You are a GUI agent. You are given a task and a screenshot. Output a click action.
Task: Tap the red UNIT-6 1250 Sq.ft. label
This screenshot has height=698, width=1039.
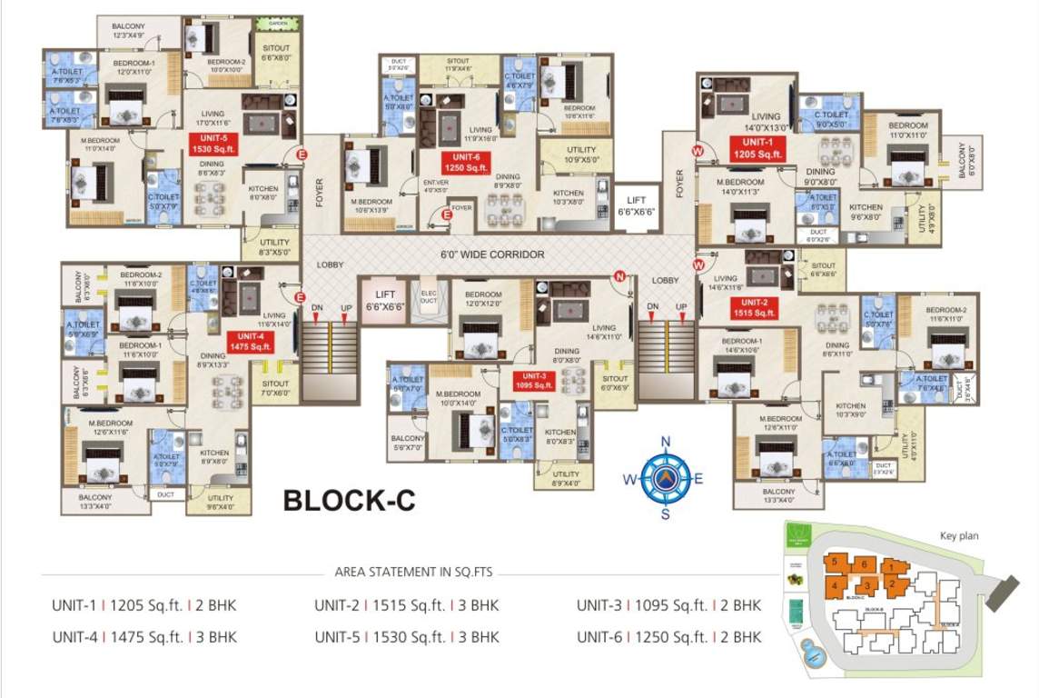[466, 163]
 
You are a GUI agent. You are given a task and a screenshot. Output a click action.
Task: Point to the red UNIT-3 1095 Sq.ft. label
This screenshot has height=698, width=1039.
[534, 380]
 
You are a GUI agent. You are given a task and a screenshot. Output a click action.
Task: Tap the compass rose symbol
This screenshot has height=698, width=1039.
[665, 478]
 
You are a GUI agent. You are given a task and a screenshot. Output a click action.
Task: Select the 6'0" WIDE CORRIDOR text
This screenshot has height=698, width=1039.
[492, 254]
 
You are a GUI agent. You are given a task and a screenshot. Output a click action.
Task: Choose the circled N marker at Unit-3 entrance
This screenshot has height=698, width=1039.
[619, 276]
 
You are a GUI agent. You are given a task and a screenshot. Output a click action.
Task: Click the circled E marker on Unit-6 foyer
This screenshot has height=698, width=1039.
[446, 215]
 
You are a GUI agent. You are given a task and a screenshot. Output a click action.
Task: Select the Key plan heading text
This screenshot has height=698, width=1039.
[959, 536]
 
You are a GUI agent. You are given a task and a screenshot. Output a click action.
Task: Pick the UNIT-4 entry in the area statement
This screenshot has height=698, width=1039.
[145, 637]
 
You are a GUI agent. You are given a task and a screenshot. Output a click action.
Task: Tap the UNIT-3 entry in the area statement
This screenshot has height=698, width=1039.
[668, 606]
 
